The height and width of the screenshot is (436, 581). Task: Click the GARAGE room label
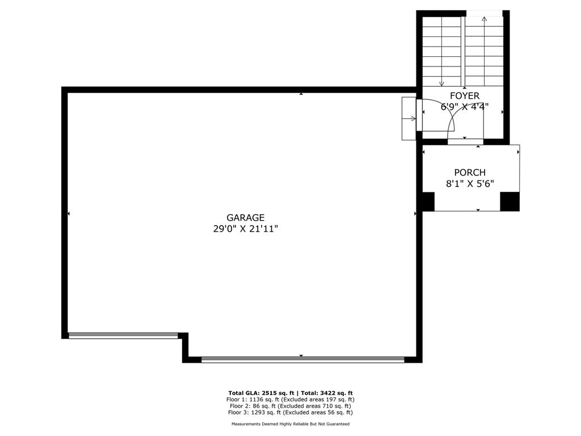(245, 217)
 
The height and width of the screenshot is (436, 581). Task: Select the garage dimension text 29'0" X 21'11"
(245, 229)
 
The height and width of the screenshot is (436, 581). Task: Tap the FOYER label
(465, 96)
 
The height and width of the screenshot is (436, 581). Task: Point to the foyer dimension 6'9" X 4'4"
(465, 107)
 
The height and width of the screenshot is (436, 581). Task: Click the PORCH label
(470, 173)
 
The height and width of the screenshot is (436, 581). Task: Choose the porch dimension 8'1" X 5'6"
(470, 183)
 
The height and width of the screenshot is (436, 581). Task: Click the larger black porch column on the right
(510, 202)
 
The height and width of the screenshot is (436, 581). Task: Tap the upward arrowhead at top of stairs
(484, 19)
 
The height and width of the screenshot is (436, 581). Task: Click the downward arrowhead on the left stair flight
(441, 83)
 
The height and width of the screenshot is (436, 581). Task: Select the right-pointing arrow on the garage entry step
(412, 118)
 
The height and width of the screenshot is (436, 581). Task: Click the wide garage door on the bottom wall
(302, 359)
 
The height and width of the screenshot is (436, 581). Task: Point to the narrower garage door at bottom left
(123, 335)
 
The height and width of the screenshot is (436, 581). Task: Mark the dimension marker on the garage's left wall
(69, 213)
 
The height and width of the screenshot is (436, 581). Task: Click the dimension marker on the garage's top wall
(301, 94)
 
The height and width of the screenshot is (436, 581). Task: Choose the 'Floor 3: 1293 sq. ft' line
(290, 412)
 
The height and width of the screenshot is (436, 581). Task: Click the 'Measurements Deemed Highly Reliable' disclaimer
(290, 424)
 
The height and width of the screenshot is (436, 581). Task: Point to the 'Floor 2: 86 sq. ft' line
(290, 406)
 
